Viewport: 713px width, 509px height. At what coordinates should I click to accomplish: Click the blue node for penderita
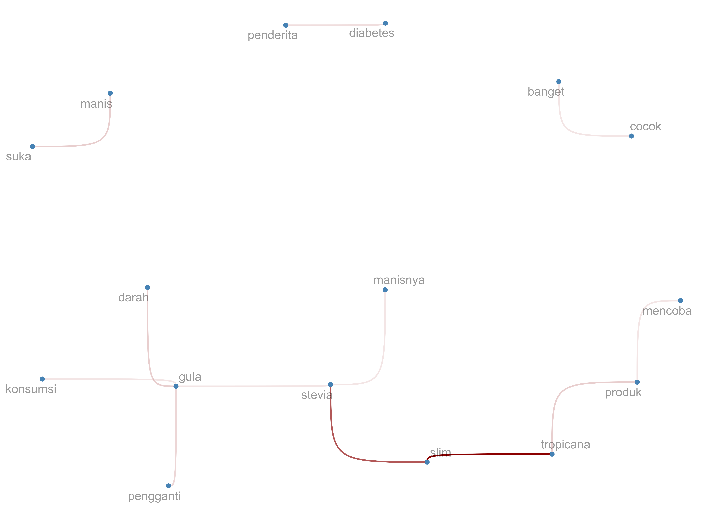[285, 25]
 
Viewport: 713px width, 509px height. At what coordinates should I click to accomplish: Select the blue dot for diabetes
[385, 23]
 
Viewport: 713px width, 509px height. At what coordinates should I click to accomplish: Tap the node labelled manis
[110, 93]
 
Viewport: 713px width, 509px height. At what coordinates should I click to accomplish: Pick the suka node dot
[32, 146]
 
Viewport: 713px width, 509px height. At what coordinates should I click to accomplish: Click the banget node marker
[559, 81]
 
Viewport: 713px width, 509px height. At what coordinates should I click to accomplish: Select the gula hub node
[176, 386]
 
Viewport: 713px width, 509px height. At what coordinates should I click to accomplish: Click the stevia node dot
[331, 385]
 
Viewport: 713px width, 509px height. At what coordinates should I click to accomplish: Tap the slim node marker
[427, 462]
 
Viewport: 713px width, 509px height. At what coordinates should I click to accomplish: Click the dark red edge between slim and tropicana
[489, 454]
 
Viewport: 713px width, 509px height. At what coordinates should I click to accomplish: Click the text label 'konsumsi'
[31, 389]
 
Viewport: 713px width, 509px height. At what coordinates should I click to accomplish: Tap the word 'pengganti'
[154, 496]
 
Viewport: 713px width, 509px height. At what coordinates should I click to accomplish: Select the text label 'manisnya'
[399, 280]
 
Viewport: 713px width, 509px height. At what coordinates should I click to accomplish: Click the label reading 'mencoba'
[667, 311]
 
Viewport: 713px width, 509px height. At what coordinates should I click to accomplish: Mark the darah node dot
[147, 287]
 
